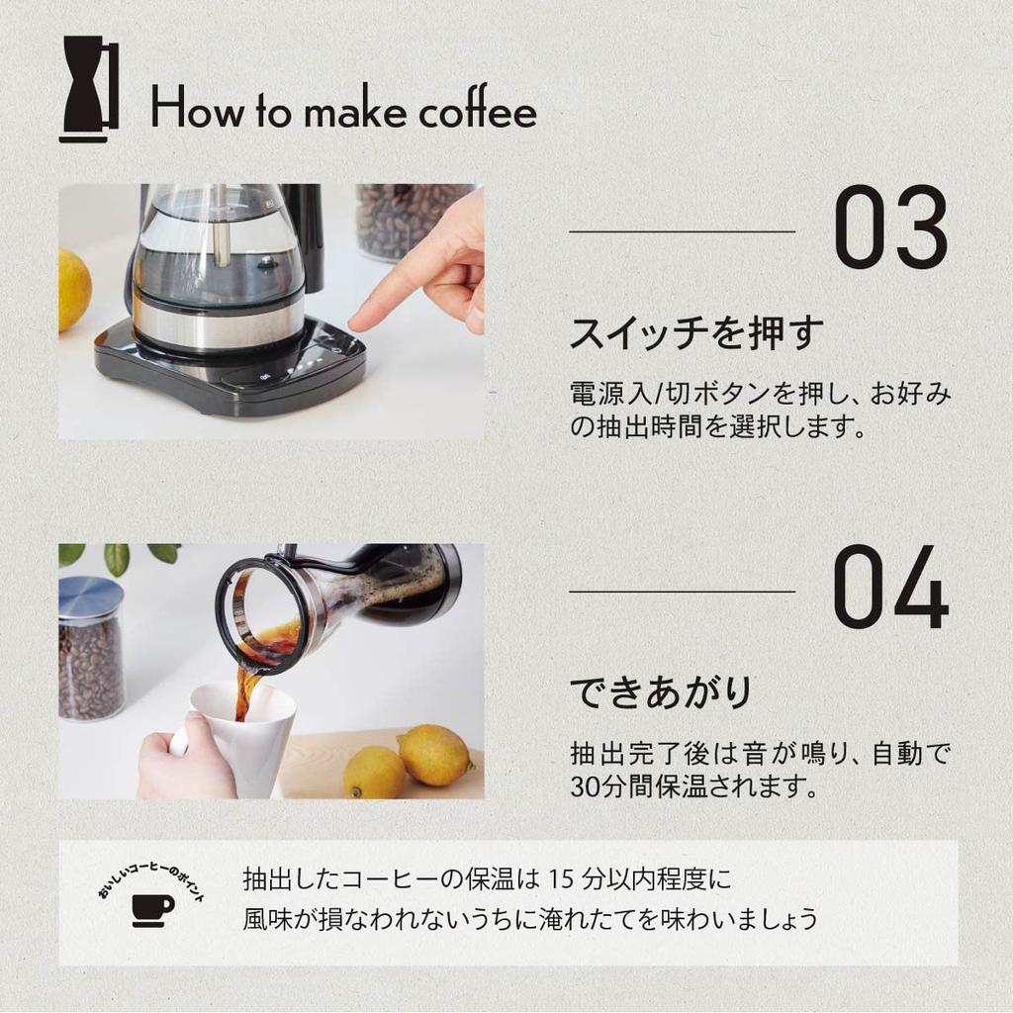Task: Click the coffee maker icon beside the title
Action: (x=88, y=88)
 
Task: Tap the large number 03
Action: (x=890, y=230)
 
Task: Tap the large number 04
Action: (x=890, y=590)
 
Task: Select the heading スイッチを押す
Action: (x=696, y=333)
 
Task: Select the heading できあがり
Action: (x=661, y=691)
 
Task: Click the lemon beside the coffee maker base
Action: (x=73, y=289)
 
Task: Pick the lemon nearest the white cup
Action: (x=375, y=773)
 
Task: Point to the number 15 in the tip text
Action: (x=561, y=877)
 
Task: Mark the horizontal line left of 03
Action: (x=682, y=231)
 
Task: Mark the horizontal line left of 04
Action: (x=682, y=592)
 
